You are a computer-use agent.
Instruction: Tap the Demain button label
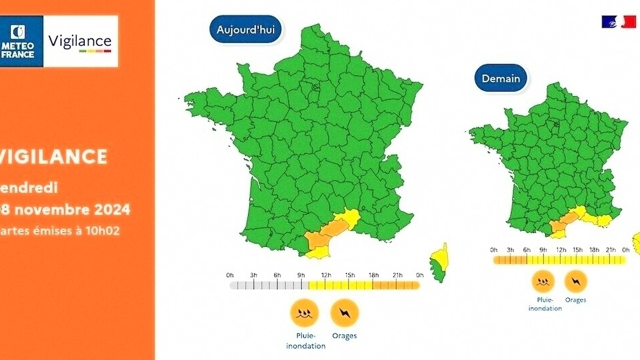click(x=501, y=78)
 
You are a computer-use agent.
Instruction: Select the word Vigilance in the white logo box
click(x=80, y=41)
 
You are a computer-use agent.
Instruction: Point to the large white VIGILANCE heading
click(x=53, y=157)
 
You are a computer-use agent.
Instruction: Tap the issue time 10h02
click(x=106, y=231)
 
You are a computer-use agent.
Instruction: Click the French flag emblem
click(x=618, y=22)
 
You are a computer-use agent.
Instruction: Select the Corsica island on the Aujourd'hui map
click(x=441, y=262)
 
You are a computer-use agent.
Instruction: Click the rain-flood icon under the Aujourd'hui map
click(x=305, y=313)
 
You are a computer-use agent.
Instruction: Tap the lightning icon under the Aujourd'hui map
click(x=345, y=313)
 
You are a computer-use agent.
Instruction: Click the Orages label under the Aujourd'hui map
click(x=345, y=336)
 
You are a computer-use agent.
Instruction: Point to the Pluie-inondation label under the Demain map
click(x=545, y=304)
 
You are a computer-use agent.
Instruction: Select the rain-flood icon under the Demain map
click(x=543, y=281)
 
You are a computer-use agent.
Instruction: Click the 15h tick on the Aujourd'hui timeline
click(x=350, y=275)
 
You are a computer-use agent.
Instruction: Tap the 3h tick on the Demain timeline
click(x=510, y=250)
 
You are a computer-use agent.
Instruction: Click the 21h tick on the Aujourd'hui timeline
click(x=397, y=275)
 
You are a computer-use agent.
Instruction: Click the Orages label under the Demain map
click(x=575, y=300)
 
